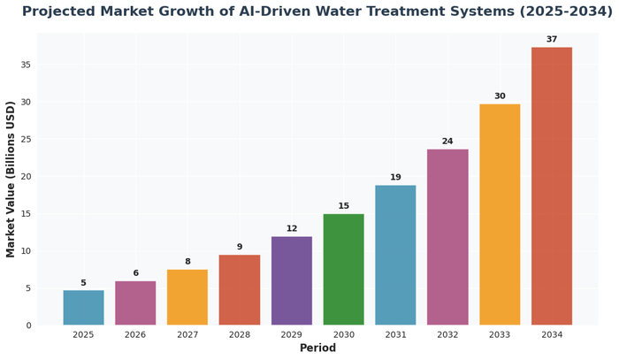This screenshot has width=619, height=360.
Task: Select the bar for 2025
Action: [x=83, y=308]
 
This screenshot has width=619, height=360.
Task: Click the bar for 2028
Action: [x=240, y=290]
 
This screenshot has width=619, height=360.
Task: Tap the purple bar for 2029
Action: [x=291, y=281]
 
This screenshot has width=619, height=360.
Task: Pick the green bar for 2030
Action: [x=343, y=270]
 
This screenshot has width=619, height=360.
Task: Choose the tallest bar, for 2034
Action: [x=552, y=186]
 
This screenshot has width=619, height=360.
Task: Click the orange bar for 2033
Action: [x=500, y=215]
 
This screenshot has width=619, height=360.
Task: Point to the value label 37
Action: [x=552, y=40]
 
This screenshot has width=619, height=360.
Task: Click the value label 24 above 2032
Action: [x=447, y=142]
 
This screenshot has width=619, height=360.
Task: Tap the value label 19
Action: [x=395, y=178]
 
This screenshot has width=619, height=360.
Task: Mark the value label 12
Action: [x=291, y=229]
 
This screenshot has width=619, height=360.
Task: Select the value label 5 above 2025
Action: [x=83, y=283]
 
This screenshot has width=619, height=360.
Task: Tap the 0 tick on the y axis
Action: [x=27, y=326]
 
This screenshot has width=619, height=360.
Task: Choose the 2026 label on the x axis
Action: [x=135, y=335]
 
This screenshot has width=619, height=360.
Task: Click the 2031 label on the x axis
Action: [x=395, y=335]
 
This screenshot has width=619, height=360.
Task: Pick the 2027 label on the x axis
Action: [x=187, y=335]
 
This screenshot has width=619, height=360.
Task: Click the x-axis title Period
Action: [x=317, y=349]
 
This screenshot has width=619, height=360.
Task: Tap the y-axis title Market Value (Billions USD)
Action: [x=11, y=180]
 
